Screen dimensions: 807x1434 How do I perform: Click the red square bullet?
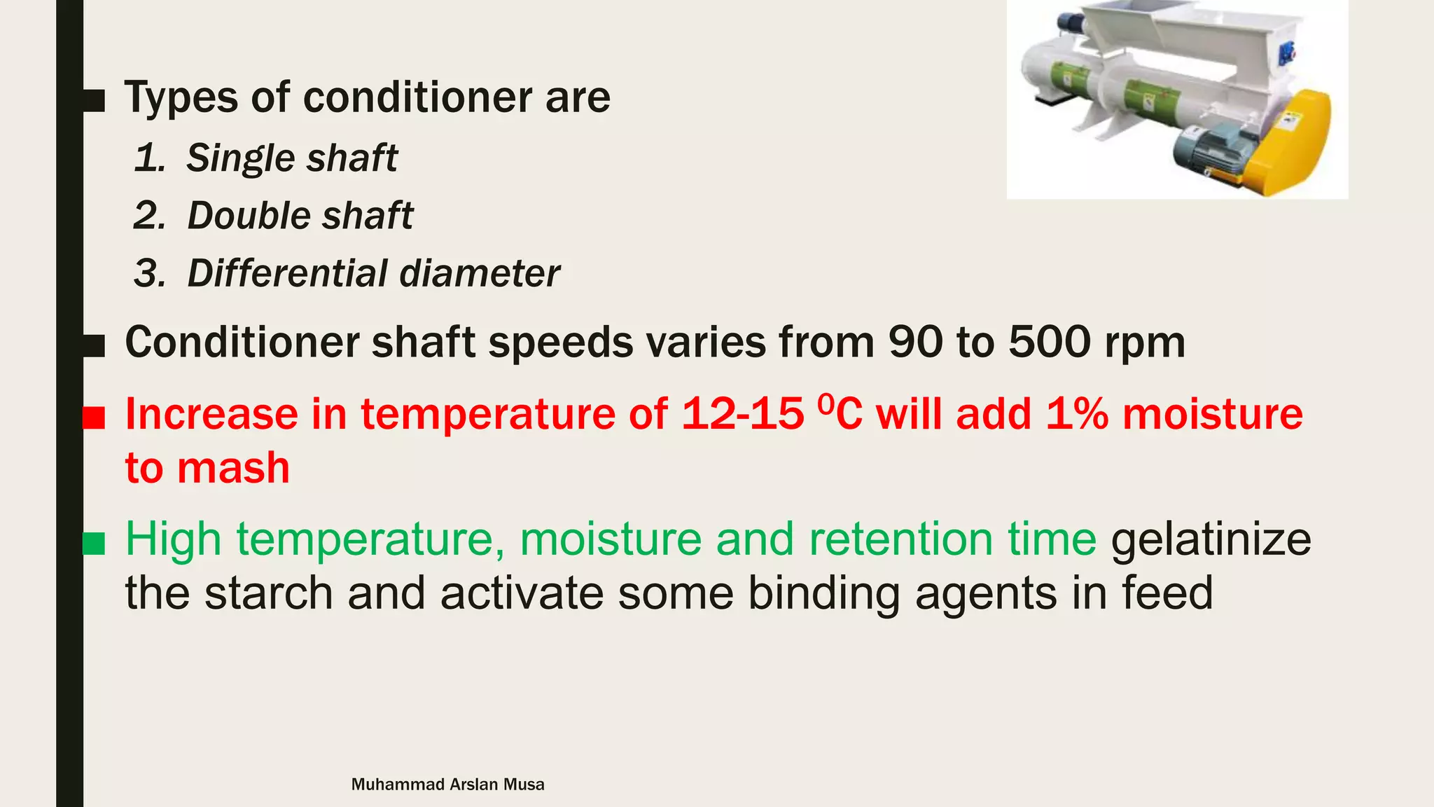[94, 418]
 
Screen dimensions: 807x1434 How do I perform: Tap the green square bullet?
[94, 544]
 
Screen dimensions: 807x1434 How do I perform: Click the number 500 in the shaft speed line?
[1050, 343]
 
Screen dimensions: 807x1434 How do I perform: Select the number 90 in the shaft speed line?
[915, 343]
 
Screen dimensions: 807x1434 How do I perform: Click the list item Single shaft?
[291, 158]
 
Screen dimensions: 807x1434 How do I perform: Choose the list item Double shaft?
[300, 216]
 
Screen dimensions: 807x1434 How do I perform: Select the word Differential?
[287, 273]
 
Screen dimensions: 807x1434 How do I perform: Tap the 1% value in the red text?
[1077, 414]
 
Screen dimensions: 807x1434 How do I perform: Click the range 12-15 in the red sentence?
[742, 414]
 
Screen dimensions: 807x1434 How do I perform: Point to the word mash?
[233, 468]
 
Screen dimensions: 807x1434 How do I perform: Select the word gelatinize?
[1211, 540]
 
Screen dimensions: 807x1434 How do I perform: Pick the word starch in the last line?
[270, 593]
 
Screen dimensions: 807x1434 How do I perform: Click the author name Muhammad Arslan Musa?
[447, 785]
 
